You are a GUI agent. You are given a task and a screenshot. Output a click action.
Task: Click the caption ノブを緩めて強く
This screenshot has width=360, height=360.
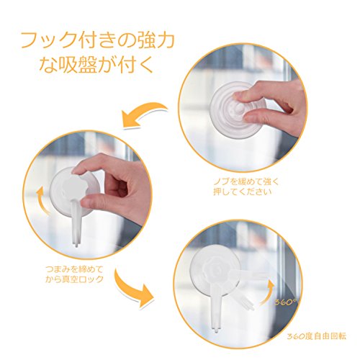click(x=246, y=181)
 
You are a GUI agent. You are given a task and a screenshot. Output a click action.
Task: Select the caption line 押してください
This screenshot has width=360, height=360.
click(x=243, y=192)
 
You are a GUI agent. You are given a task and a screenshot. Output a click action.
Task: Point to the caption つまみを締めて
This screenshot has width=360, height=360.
click(x=74, y=269)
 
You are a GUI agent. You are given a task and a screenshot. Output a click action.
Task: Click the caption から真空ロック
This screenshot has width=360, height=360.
click(x=74, y=279)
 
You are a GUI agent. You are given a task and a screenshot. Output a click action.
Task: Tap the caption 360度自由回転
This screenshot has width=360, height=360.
click(x=317, y=336)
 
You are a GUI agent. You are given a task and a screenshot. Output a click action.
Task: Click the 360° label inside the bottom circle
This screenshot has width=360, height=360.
click(x=286, y=302)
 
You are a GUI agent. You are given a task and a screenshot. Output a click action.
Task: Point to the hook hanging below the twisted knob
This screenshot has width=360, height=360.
click(x=76, y=223)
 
